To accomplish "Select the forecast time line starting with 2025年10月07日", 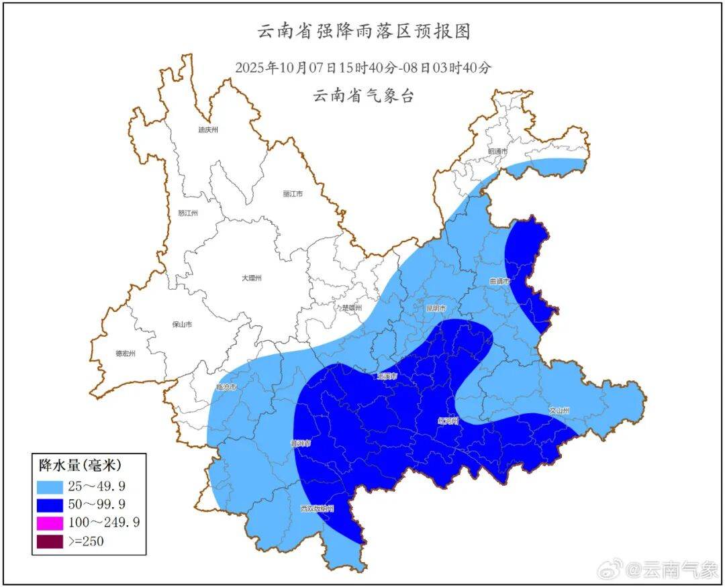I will (364, 67).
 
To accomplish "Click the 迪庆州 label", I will (208, 130).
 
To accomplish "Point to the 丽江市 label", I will (293, 194).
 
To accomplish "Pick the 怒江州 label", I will (188, 213).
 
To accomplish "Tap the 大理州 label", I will (251, 278).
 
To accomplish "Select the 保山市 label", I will (182, 324).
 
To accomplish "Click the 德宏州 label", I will (125, 354).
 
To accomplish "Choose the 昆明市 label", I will (436, 309).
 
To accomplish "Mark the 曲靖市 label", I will (499, 281).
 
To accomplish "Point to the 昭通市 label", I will (497, 152).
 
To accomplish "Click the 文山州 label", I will (559, 410).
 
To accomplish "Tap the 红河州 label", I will (447, 421).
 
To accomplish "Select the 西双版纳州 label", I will (317, 509).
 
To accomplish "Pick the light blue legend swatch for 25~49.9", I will (50, 485).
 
